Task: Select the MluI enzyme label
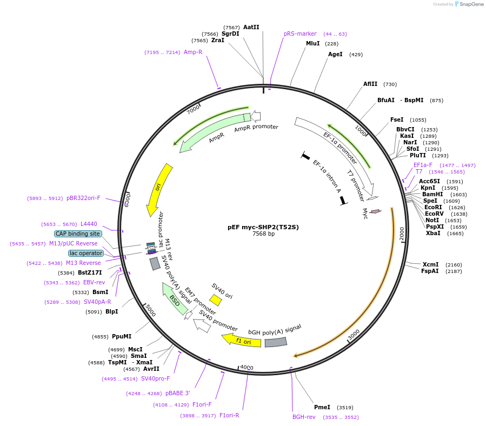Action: point(313,43)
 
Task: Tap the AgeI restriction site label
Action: point(335,54)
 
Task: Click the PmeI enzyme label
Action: point(322,407)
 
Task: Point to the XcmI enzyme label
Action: point(431,264)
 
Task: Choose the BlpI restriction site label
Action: point(111,311)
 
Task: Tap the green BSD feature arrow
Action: point(175,299)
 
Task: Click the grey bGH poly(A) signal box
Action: point(276,342)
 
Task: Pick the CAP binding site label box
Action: point(78,234)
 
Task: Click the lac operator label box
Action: point(85,253)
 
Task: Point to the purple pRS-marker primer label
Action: point(300,34)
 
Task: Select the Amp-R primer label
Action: point(193,52)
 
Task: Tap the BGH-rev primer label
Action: point(304,417)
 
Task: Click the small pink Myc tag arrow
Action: point(375,211)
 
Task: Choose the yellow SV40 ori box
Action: point(216,300)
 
